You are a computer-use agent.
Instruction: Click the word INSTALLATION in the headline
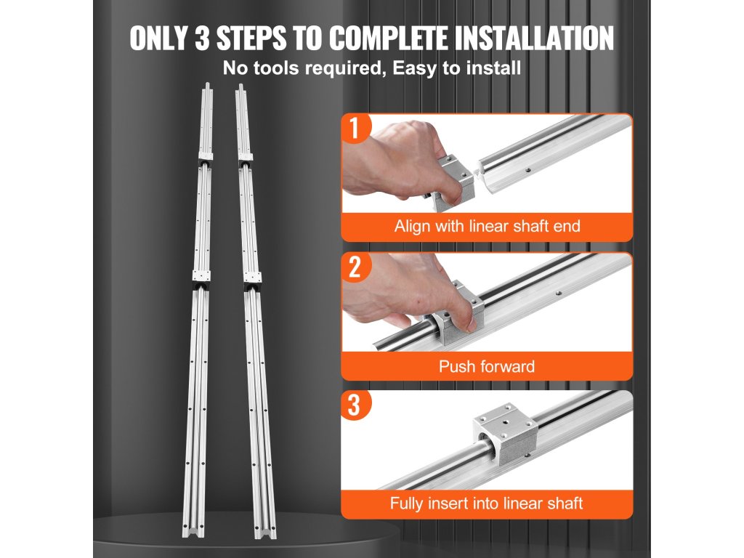click(534, 38)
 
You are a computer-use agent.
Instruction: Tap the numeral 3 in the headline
click(202, 38)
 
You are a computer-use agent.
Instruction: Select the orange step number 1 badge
click(355, 128)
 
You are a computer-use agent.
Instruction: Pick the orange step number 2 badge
click(355, 267)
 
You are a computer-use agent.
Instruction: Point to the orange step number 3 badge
click(355, 405)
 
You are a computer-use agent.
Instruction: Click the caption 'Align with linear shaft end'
click(488, 226)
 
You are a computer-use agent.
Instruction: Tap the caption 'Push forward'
click(487, 366)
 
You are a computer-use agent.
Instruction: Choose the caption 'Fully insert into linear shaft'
click(486, 503)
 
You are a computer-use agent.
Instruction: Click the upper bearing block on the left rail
click(205, 157)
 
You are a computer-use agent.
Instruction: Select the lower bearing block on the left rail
click(201, 275)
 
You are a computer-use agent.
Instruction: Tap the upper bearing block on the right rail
click(245, 157)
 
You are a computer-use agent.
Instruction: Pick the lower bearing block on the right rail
click(252, 277)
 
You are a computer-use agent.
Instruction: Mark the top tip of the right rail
click(240, 86)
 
